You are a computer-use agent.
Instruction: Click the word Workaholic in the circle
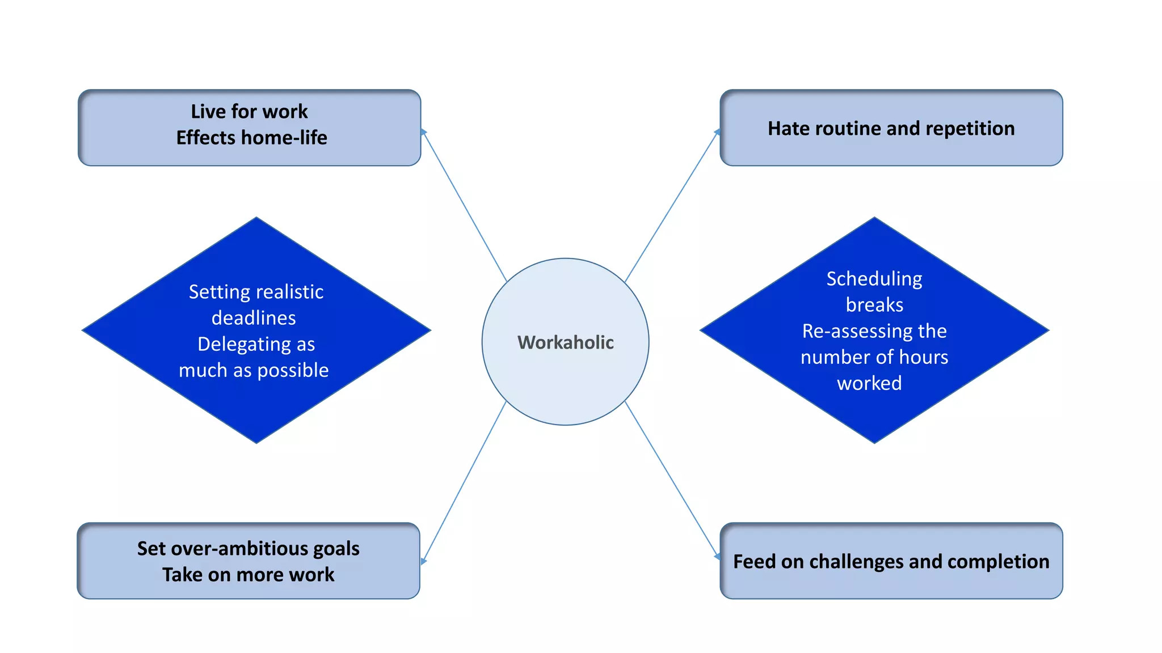[x=565, y=342]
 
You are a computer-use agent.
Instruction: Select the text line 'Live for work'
[x=249, y=111]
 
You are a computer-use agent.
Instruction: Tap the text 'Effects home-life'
[x=251, y=138]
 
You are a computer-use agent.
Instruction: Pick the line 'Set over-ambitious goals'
[x=248, y=548]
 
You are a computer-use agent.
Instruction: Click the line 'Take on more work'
[x=248, y=575]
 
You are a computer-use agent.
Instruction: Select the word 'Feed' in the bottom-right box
[x=754, y=562]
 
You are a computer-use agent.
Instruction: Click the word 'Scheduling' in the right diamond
[x=874, y=279]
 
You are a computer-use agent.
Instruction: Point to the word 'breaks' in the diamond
[x=874, y=305]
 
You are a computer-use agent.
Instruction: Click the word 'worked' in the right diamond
[x=869, y=384]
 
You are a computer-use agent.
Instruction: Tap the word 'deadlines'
[x=254, y=318]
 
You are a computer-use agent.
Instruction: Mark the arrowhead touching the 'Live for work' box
[x=423, y=132]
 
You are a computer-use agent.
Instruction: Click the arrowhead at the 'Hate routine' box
[x=717, y=132]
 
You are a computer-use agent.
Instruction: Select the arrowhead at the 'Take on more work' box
[x=423, y=561]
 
